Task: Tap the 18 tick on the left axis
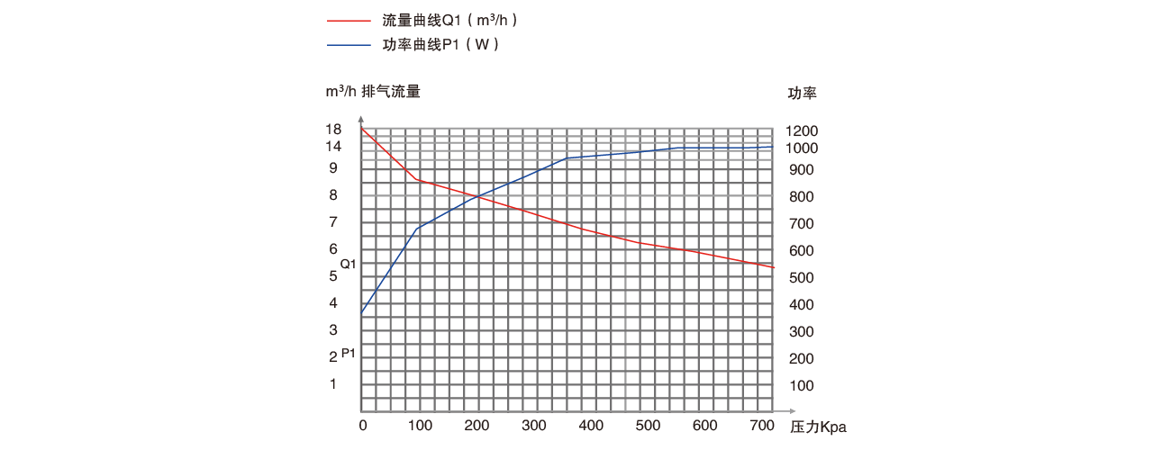[333, 130]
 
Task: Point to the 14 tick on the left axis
[333, 147]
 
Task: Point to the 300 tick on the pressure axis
[534, 426]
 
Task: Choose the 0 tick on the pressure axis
[363, 426]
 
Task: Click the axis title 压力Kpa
[818, 427]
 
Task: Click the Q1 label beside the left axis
[349, 265]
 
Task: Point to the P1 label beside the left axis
[349, 354]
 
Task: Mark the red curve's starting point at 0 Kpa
[362, 130]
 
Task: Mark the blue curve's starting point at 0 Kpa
[362, 312]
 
